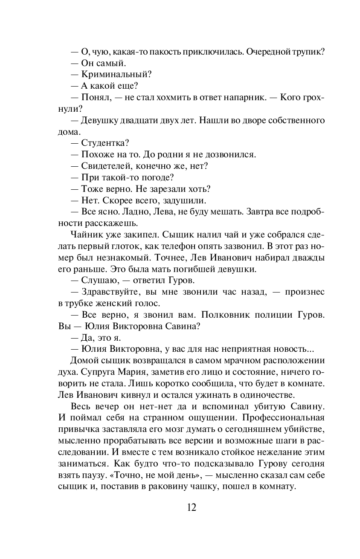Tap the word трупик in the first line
point(308,52)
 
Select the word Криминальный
point(114,75)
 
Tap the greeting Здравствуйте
point(108,292)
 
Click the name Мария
point(134,372)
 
